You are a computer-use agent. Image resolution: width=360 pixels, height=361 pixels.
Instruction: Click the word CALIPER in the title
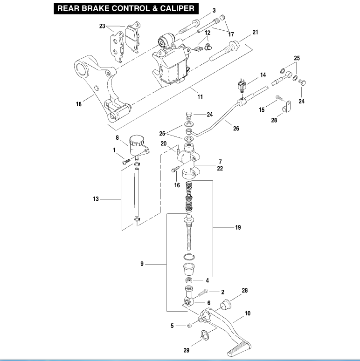pyautogui.click(x=177, y=8)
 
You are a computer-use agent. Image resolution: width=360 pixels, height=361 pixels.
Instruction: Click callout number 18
pyautogui.click(x=79, y=104)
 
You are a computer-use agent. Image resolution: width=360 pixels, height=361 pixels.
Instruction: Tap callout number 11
pyautogui.click(x=200, y=97)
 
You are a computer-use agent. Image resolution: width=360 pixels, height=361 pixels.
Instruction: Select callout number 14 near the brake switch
pyautogui.click(x=263, y=75)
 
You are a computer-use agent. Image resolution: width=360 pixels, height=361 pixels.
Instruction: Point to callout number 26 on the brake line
pyautogui.click(x=236, y=129)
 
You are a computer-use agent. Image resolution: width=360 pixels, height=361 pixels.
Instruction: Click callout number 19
pyautogui.click(x=238, y=227)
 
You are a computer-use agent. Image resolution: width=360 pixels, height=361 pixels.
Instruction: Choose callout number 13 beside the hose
pyautogui.click(x=96, y=199)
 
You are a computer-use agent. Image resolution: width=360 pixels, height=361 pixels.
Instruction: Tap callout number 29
pyautogui.click(x=186, y=350)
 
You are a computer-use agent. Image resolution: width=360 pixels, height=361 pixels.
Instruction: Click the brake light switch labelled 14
pyautogui.click(x=242, y=85)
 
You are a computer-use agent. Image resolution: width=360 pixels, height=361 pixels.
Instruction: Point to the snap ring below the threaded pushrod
pyautogui.click(x=189, y=257)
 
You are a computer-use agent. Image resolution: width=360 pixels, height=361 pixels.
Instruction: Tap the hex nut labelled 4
pyautogui.click(x=189, y=280)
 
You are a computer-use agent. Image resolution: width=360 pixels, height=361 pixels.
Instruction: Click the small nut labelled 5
pyautogui.click(x=189, y=326)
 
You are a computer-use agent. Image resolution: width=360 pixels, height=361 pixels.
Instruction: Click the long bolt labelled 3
pyautogui.click(x=188, y=27)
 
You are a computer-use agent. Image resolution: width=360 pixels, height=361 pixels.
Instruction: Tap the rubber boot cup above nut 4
pyautogui.click(x=189, y=269)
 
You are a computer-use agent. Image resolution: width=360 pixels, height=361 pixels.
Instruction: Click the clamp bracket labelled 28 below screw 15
pyautogui.click(x=286, y=107)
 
